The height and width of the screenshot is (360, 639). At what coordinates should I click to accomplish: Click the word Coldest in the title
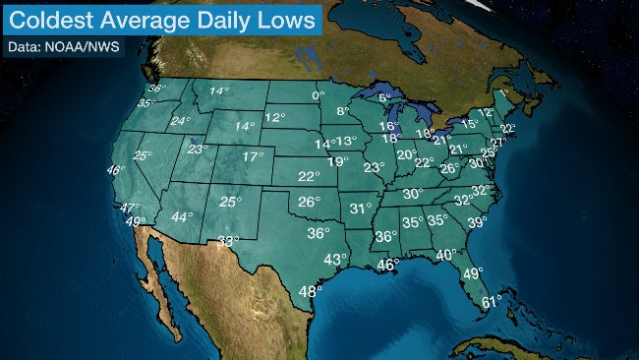tap(52, 19)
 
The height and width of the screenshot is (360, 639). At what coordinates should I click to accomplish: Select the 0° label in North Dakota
tap(318, 95)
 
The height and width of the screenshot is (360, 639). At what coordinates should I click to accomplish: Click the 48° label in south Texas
tap(311, 290)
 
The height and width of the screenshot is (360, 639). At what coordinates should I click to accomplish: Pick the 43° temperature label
tap(336, 259)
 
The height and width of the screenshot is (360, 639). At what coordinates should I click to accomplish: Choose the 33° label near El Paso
tap(229, 241)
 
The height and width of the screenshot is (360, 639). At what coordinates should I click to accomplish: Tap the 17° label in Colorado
tap(254, 156)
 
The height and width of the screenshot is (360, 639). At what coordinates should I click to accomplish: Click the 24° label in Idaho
tap(180, 122)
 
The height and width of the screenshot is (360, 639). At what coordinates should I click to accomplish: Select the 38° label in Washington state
tap(154, 90)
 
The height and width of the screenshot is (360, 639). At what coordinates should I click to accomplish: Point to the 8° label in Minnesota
tap(343, 112)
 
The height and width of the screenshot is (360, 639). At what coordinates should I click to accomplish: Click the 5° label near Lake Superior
tap(384, 98)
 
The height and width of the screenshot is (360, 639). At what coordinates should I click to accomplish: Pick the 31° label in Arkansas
tap(361, 209)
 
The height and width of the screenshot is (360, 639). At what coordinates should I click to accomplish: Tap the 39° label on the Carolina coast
tap(477, 223)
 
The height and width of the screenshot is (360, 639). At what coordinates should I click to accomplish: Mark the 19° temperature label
tap(337, 161)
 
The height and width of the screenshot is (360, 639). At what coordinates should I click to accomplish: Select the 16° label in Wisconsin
tap(390, 126)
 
